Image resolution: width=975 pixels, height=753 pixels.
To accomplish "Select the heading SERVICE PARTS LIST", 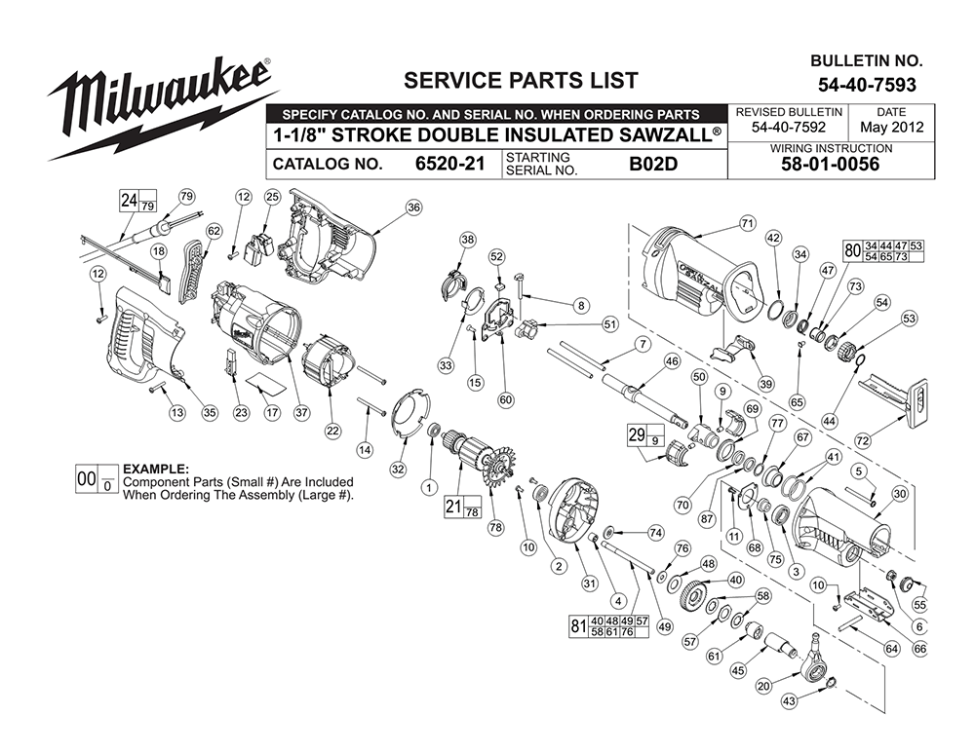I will coord(521,80).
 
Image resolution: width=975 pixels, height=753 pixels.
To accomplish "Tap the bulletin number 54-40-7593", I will coord(867,86).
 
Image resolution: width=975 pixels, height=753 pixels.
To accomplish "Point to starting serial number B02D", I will coord(652,164).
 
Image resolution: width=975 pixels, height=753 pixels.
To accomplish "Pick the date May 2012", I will coord(891,128).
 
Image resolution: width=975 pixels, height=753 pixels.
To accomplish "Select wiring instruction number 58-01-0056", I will coord(831,165).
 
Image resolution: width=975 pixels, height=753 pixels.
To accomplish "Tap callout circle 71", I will coord(747,223).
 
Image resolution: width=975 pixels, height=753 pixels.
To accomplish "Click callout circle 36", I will coord(413,207).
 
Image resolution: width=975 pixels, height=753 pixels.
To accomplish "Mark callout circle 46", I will coord(671,361).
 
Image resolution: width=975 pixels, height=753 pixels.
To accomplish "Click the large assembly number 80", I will coord(852,250).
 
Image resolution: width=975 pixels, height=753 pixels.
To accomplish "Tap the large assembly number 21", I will coord(452,508).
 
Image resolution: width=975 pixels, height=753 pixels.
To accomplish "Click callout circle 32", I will coord(397,469).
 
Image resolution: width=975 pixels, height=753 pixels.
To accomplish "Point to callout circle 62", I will coord(214,230).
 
